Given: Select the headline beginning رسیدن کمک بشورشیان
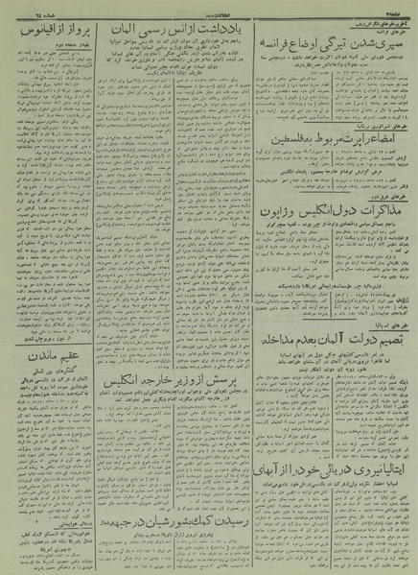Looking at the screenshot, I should [188, 511].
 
